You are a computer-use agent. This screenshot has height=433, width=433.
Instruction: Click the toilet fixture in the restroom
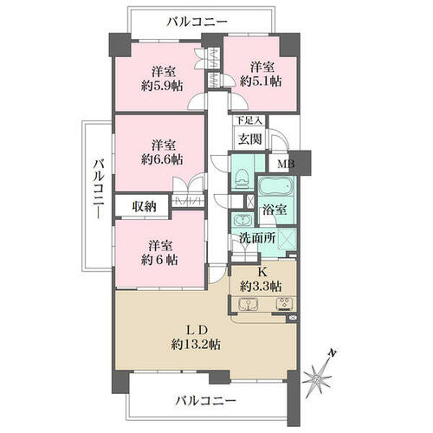pyautogui.click(x=242, y=179)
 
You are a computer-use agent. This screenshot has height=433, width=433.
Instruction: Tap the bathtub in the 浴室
pyautogui.click(x=276, y=186)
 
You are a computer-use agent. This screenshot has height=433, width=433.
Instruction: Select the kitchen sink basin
pyautogui.click(x=248, y=304)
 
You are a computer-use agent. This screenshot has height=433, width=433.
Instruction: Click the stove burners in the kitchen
pyautogui.click(x=285, y=304)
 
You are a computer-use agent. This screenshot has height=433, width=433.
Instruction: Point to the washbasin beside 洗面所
pyautogui.click(x=242, y=220)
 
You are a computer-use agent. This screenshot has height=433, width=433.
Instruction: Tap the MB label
pyautogui.click(x=285, y=165)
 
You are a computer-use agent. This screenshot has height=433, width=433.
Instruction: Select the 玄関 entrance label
pyautogui.click(x=249, y=139)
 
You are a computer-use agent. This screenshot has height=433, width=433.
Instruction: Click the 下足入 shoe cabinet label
pyautogui.click(x=249, y=120)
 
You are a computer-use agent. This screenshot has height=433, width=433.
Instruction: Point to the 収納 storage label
pyautogui.click(x=145, y=206)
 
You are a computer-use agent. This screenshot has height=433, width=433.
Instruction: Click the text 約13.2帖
pyautogui.click(x=196, y=345)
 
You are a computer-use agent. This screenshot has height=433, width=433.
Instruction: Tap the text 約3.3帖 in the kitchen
pyautogui.click(x=261, y=287)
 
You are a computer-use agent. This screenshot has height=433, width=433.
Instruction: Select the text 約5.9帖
pyautogui.click(x=162, y=86)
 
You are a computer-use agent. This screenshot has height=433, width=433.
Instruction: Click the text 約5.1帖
pyautogui.click(x=261, y=81)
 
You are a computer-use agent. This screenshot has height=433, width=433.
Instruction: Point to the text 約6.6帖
pyautogui.click(x=162, y=159)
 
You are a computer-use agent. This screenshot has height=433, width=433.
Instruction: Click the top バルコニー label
pyautogui.click(x=197, y=22)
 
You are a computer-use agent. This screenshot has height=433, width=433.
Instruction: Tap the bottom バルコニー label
pyautogui.click(x=206, y=401)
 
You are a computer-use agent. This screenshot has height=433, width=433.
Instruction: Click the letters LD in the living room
pyautogui.click(x=197, y=330)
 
